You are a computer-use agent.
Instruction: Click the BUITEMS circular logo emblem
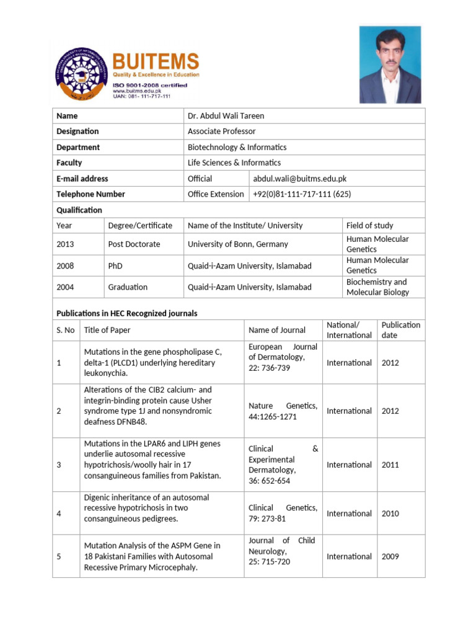pyautogui.click(x=79, y=73)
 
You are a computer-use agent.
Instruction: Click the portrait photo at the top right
pyautogui.click(x=390, y=64)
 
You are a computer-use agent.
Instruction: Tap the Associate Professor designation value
pyautogui.click(x=221, y=131)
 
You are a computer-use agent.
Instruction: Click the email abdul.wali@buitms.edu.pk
pyautogui.click(x=299, y=179)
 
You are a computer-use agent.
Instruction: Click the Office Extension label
pyautogui.click(x=216, y=194)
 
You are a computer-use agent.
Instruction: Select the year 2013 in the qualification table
pyautogui.click(x=65, y=244)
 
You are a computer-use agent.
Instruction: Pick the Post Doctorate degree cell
pyautogui.click(x=134, y=244)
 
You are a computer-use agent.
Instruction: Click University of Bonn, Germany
pyautogui.click(x=237, y=244)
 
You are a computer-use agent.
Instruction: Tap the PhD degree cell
pyautogui.click(x=115, y=266)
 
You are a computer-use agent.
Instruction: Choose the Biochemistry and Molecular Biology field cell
pyautogui.click(x=377, y=287)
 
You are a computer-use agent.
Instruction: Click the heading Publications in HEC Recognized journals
pyautogui.click(x=127, y=313)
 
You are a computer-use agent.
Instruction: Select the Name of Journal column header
pyautogui.click(x=277, y=330)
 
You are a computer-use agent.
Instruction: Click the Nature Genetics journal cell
pyautogui.click(x=283, y=411)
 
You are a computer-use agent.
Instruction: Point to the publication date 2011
pyautogui.click(x=390, y=464)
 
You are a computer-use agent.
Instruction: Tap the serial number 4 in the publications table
pyautogui.click(x=59, y=513)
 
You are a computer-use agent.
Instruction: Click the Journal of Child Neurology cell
pyautogui.click(x=282, y=551)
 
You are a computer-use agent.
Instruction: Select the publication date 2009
pyautogui.click(x=390, y=556)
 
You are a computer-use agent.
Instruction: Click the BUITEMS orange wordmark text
pyautogui.click(x=156, y=61)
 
